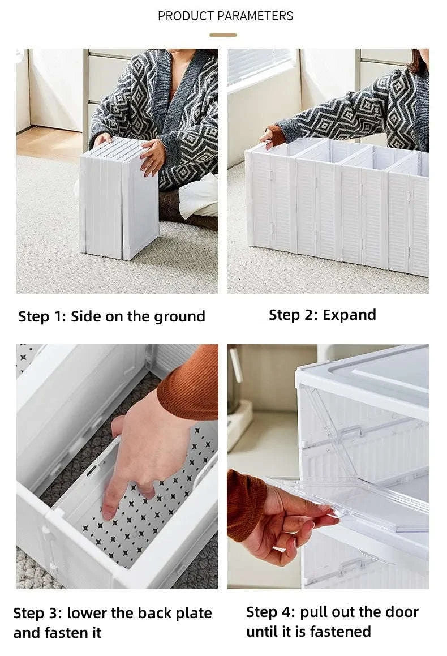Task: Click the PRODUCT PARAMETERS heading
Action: [x=225, y=16]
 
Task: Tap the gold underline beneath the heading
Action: [x=223, y=35]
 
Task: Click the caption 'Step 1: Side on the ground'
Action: [x=111, y=316]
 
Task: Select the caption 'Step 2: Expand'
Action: [x=322, y=315]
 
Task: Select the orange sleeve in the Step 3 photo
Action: [x=190, y=384]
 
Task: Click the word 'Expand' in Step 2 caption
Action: [x=350, y=315]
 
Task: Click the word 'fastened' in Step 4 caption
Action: [x=339, y=631]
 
